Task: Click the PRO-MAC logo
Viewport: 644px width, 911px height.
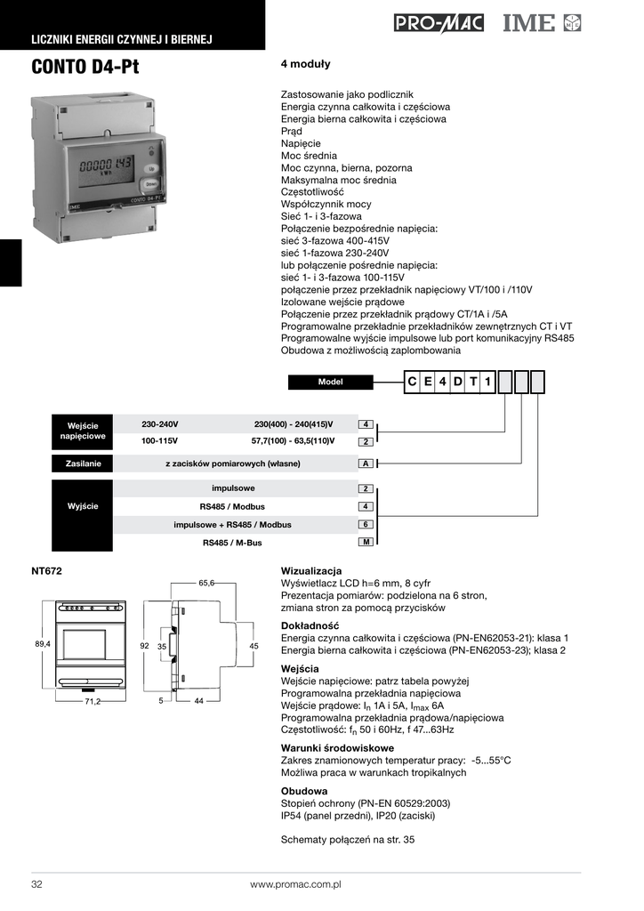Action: coord(439,23)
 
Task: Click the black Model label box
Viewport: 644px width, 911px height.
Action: coord(330,382)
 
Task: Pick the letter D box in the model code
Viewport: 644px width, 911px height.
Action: coord(458,382)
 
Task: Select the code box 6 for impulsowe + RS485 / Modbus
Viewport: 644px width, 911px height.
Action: coord(365,525)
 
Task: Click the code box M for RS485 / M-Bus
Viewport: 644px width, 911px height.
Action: coord(365,543)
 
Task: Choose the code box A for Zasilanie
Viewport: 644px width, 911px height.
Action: coord(365,464)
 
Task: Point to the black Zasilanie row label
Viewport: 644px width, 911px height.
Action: coord(83,464)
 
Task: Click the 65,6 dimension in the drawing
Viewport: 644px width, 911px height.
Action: coord(206,583)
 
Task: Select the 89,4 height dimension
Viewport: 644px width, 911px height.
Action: coord(43,643)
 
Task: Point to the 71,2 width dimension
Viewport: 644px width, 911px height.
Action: coord(93,702)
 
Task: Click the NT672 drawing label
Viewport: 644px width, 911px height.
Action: coord(46,570)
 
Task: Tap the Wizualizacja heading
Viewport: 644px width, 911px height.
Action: coord(311,570)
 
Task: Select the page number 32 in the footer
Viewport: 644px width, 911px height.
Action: coord(37,885)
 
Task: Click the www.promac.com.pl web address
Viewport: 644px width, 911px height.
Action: coord(295,885)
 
